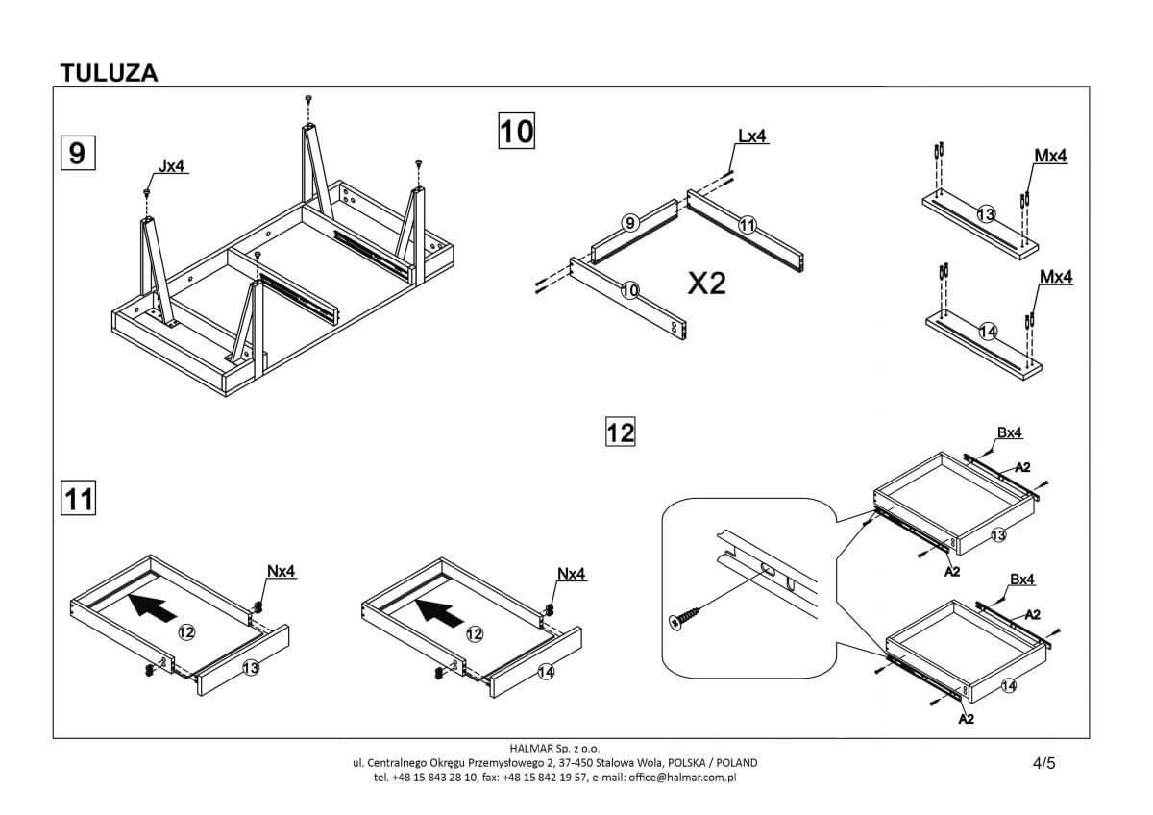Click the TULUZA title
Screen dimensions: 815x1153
[x=109, y=73]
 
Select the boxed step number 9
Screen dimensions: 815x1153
[x=77, y=154]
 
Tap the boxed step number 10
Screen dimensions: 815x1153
[x=516, y=131]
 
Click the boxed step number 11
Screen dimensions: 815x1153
[x=78, y=498]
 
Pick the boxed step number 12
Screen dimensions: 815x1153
[x=621, y=432]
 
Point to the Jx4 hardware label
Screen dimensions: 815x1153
[x=171, y=166]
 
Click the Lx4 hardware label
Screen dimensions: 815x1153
[x=751, y=136]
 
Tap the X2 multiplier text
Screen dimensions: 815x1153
[x=706, y=283]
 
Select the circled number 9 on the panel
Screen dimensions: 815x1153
[x=629, y=223]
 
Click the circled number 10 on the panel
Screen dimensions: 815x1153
[x=629, y=289]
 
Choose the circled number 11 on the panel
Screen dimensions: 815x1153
[x=748, y=225]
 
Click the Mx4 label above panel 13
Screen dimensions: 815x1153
[x=1050, y=156]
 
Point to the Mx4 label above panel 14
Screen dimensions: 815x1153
[x=1056, y=277]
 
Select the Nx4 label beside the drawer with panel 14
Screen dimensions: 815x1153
[x=571, y=574]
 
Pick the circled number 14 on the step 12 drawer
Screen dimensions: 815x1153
[x=1008, y=685]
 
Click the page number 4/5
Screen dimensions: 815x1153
[x=1043, y=764]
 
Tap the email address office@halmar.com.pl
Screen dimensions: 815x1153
[x=682, y=777]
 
